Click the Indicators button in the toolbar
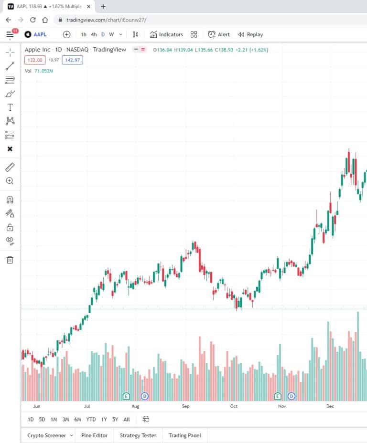point(166,34)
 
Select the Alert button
point(219,34)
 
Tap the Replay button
point(250,34)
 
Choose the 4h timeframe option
point(94,34)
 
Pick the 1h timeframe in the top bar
point(84,34)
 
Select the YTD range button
point(91,420)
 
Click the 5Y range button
point(115,420)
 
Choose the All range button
point(127,420)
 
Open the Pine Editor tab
point(94,435)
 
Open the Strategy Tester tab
point(138,435)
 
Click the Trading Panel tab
point(184,435)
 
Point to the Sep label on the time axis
point(186,406)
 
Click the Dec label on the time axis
point(330,406)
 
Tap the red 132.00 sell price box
point(34,60)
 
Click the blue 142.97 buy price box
point(72,60)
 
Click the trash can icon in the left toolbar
point(10,260)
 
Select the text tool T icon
point(10,107)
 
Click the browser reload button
point(33,20)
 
